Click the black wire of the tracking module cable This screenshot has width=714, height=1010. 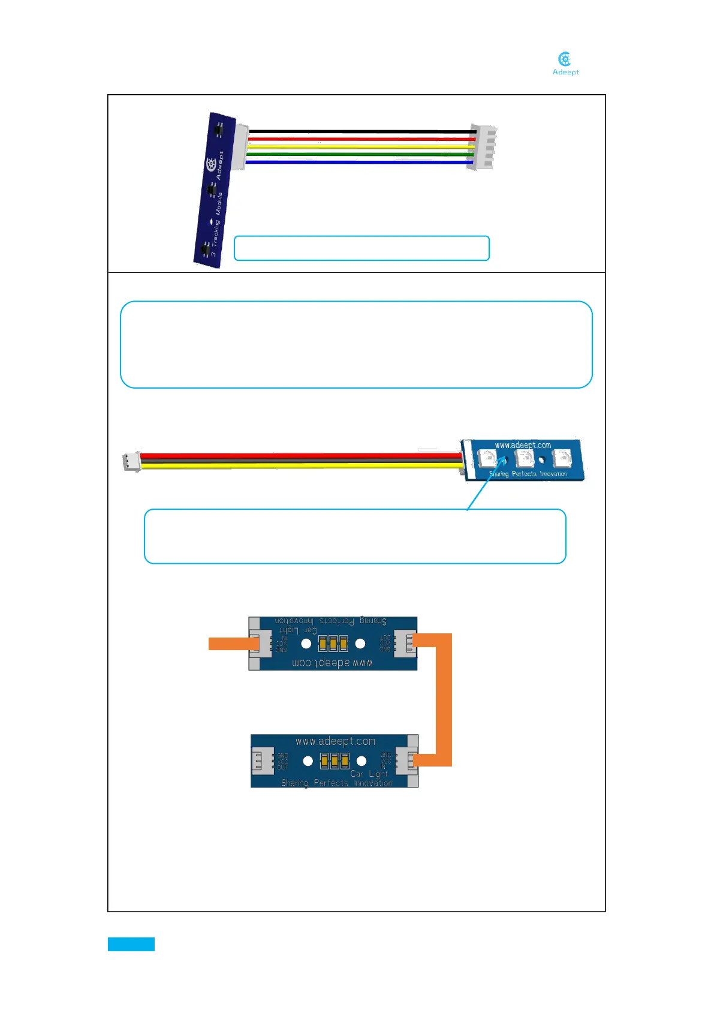[360, 131]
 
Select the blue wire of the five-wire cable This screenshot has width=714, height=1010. [360, 161]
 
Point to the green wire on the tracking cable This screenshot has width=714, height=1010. [360, 154]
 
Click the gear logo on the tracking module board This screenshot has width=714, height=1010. [211, 164]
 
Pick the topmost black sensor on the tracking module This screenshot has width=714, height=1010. [217, 128]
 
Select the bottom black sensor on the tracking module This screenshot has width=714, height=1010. [205, 248]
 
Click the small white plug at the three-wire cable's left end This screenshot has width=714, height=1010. [131, 461]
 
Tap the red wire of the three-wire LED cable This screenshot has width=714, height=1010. [300, 456]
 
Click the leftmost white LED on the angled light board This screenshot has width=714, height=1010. [487, 459]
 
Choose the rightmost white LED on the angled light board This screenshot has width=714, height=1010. [562, 459]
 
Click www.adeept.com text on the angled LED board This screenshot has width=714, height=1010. [523, 445]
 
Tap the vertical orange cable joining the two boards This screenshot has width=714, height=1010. [444, 699]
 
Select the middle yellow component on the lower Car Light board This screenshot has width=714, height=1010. [335, 761]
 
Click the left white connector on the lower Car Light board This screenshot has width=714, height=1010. [261, 760]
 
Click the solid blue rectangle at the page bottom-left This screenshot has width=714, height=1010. [131, 944]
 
